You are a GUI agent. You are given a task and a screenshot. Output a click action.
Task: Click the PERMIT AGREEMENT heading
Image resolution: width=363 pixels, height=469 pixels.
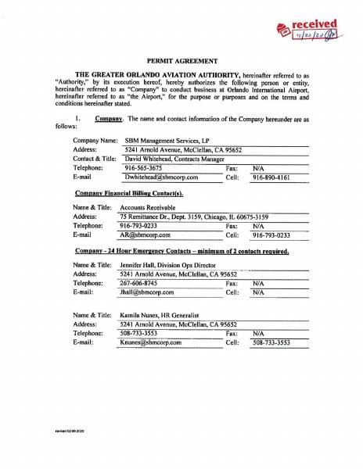(x=181, y=59)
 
